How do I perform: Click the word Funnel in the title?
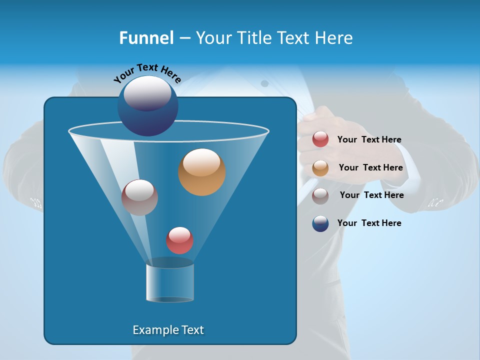[x=146, y=38]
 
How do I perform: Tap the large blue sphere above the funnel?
[x=147, y=105]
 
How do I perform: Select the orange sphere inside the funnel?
[x=201, y=172]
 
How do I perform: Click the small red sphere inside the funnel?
[x=179, y=240]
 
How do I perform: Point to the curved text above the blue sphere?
[x=147, y=72]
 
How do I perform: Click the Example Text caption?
[x=168, y=330]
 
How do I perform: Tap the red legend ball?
[x=320, y=139]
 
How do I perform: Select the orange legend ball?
[x=320, y=168]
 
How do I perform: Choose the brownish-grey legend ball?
[x=320, y=195]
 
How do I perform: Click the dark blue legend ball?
[x=320, y=223]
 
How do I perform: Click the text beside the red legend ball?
[x=369, y=140]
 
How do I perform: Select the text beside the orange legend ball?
[x=370, y=168]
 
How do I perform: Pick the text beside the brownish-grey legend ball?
[x=371, y=195]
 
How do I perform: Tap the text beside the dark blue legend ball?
[x=369, y=223]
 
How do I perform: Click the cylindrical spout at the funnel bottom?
[x=170, y=281]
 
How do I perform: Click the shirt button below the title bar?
[x=264, y=83]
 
